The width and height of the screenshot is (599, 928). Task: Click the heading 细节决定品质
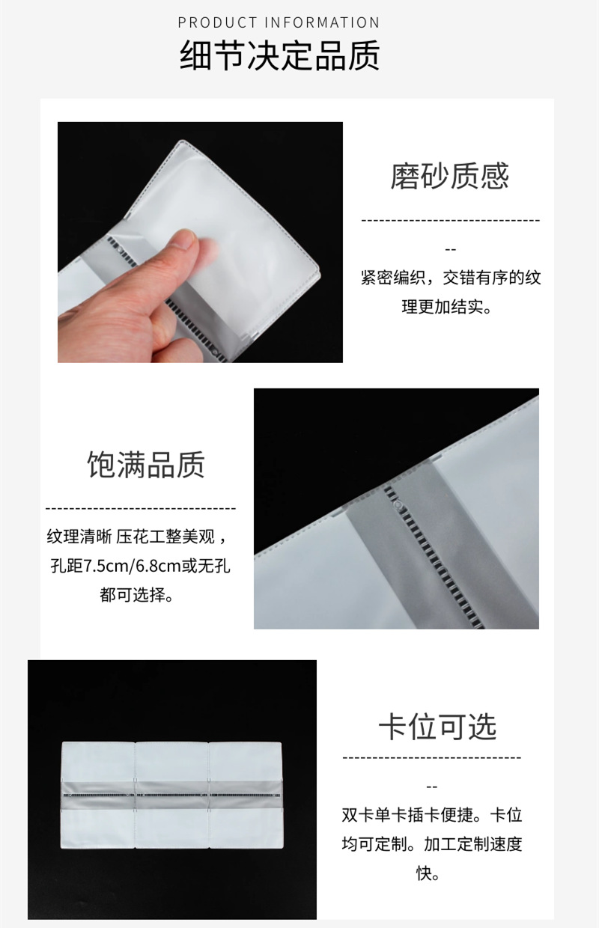[280, 55]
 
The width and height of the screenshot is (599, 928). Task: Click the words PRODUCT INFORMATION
[279, 22]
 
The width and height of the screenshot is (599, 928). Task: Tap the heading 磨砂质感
[450, 176]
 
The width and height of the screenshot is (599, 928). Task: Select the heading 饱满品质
[146, 464]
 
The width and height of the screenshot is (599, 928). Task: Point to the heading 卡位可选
[438, 727]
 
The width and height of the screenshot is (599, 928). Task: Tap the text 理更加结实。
[446, 307]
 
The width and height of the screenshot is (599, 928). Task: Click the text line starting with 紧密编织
[451, 277]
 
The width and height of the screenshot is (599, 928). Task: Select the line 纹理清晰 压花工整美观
[137, 537]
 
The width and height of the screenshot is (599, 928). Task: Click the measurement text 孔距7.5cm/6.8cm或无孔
[140, 566]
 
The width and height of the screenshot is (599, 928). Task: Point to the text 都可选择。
[136, 595]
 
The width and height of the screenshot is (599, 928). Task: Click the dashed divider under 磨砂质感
[451, 220]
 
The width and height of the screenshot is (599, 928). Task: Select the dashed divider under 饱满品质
[141, 508]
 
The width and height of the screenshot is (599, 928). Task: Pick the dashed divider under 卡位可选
[431, 757]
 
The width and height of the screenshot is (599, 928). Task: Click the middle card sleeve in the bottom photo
[172, 796]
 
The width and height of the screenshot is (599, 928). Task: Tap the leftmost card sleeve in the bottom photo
[98, 796]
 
